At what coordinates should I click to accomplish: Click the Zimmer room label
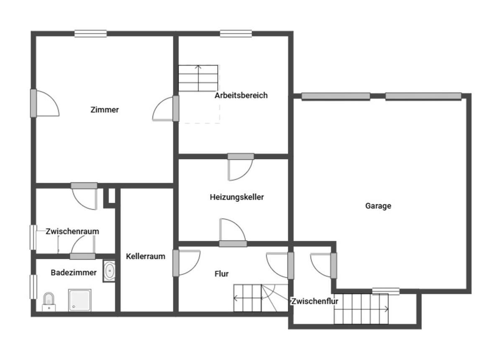pos(105,110)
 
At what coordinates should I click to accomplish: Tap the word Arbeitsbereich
pos(241,95)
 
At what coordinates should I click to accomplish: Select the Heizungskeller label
pos(237,197)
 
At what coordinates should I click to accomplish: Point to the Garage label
pos(378,206)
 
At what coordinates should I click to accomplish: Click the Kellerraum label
pos(146,256)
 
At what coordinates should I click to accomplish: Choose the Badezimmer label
pos(74,273)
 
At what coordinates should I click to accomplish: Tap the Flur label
pos(221,274)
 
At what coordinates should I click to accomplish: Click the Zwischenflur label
pos(315,301)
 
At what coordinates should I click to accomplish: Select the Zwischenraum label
pos(72,231)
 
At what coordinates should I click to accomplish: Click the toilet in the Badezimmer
pos(49,302)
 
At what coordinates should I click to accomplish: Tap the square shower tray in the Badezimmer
pos(80,300)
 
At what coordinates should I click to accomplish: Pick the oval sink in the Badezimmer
pos(109,271)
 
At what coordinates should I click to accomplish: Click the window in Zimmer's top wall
pos(90,34)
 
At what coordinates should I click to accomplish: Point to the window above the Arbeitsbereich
pos(236,34)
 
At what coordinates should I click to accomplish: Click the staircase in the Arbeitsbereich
pos(198,78)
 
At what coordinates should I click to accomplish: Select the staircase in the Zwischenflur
pos(361,309)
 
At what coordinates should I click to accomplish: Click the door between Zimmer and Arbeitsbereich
pos(165,109)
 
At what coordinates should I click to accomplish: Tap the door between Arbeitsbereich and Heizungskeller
pos(241,167)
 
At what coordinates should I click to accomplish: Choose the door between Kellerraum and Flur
pos(186,263)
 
